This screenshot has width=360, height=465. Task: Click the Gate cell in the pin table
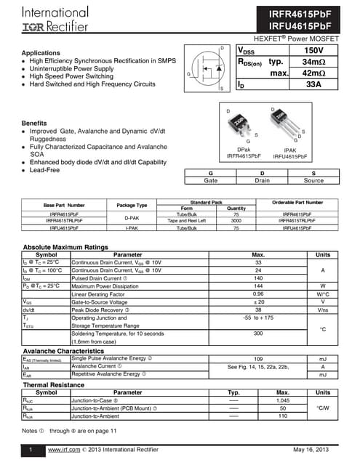pos(211,180)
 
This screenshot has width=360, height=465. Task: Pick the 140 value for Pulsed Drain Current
pos(257,278)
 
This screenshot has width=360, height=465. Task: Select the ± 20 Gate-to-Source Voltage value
pos(257,302)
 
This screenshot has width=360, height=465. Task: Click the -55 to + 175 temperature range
pos(257,318)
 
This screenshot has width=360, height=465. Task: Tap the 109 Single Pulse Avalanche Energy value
pos(257,359)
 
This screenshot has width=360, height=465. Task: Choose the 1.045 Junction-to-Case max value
pos(283,400)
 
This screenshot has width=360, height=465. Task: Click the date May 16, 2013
pos(314,451)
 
